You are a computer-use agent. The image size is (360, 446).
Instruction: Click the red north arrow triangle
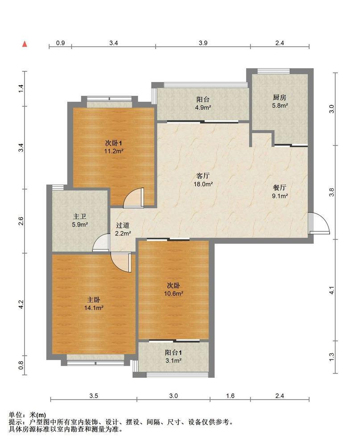25,44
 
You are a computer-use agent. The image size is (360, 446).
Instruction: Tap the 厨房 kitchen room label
279,98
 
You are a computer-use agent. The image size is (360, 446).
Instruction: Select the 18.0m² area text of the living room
203,184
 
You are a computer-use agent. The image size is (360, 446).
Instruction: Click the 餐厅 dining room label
279,188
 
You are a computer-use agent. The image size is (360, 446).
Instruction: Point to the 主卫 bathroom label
80,217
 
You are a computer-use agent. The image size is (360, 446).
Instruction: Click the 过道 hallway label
123,225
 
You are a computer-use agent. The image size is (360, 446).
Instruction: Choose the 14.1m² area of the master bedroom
94,308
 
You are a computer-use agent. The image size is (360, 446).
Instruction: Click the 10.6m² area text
174,293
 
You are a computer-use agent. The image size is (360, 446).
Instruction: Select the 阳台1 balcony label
174,353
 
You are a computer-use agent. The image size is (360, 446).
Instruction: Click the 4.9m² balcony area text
203,107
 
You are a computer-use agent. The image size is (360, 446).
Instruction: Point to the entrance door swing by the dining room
319,223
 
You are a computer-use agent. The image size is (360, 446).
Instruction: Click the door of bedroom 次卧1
134,198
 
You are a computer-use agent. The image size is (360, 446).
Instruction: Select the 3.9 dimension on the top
203,43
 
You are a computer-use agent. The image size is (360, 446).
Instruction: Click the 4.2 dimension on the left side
21,304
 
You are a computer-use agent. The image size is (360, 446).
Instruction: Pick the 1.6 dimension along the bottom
230,396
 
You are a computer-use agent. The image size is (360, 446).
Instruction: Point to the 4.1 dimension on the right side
331,290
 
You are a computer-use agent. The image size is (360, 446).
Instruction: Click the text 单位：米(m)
27,415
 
